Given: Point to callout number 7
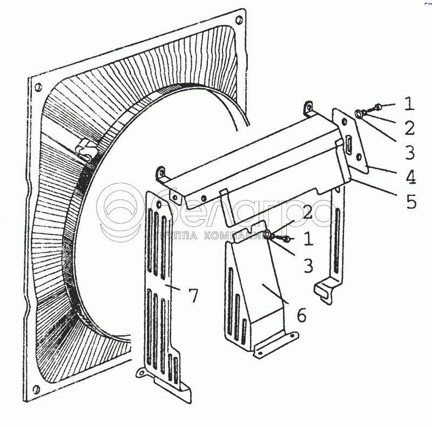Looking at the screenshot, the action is coord(193,295).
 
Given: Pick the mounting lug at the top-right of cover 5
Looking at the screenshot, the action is coord(309,106).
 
